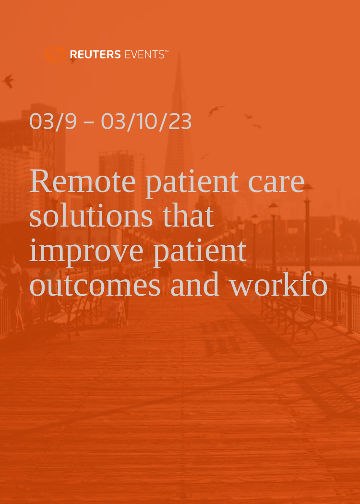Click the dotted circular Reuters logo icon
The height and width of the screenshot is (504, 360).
click(55, 54)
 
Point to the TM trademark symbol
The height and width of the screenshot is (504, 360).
click(167, 52)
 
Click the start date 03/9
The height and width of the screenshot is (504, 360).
click(53, 122)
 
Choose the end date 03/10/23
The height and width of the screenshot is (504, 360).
click(146, 122)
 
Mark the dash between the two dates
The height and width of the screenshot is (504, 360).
click(89, 123)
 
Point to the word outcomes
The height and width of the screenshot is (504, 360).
click(95, 285)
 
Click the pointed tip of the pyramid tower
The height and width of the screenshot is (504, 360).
click(179, 55)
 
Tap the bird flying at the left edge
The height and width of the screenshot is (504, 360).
click(8, 81)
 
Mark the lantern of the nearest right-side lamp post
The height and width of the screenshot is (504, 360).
click(307, 188)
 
